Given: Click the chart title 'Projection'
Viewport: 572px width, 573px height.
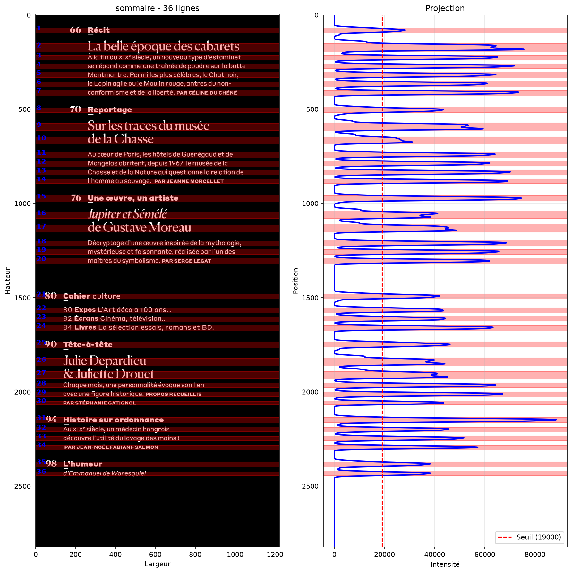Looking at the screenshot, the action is (445, 8).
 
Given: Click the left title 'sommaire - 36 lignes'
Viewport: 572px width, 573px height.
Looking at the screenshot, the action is (157, 8).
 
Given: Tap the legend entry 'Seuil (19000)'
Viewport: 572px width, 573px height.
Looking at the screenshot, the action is (539, 537).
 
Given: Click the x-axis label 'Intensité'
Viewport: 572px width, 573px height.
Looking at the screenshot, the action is (445, 564).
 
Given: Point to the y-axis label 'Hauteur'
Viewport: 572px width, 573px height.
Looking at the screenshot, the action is (8, 281).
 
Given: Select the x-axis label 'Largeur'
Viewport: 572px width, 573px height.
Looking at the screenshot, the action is (157, 564).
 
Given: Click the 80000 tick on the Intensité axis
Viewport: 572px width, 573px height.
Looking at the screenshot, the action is (535, 554).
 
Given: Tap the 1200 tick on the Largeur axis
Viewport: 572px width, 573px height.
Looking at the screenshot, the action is (275, 554).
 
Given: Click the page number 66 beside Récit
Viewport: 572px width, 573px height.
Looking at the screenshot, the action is (76, 30).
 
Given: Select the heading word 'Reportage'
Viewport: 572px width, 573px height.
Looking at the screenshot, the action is (110, 110).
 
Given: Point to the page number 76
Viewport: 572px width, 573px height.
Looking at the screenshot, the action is (76, 198).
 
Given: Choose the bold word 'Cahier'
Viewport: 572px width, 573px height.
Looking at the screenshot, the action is (77, 296).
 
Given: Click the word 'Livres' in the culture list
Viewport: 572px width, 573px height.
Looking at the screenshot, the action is (85, 327).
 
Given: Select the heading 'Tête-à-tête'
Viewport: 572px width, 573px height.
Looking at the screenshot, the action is (88, 344).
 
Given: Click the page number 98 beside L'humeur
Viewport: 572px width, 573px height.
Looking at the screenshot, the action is (51, 464).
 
